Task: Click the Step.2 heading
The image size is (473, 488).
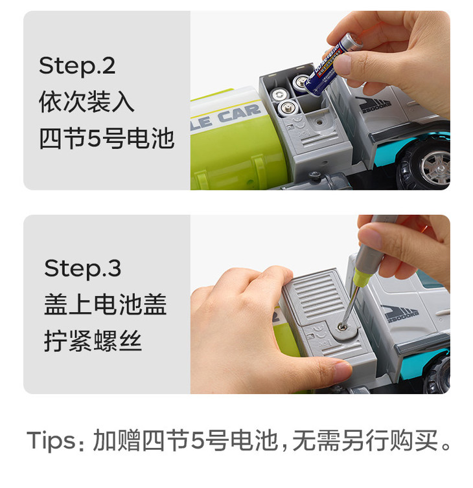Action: click(x=77, y=65)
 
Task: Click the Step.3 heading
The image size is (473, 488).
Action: click(x=82, y=269)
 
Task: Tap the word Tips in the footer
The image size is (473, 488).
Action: click(x=51, y=440)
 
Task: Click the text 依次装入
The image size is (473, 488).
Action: click(x=87, y=102)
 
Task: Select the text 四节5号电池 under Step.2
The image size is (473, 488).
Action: click(x=106, y=138)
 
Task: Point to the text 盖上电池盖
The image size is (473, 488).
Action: click(x=106, y=304)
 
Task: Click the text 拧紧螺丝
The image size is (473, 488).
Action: click(x=93, y=340)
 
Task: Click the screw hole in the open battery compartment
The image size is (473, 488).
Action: click(x=318, y=122)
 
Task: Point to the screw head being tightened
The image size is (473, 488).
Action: click(x=343, y=326)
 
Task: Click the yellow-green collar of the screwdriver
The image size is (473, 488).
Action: click(x=363, y=278)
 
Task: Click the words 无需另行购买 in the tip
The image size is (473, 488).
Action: click(x=365, y=440)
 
